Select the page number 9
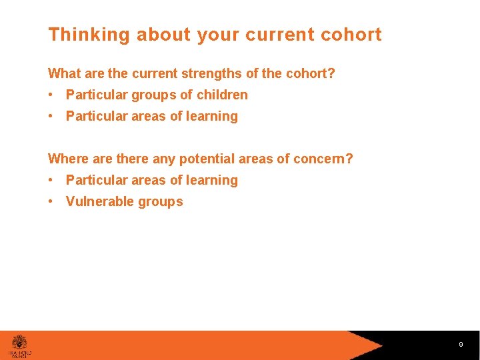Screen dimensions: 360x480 (x=461, y=345)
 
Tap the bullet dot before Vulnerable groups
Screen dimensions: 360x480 (x=52, y=201)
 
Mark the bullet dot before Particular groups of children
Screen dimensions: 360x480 (x=52, y=95)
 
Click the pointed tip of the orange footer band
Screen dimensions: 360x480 (x=383, y=345)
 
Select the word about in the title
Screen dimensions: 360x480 (x=163, y=35)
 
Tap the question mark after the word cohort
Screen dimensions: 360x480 (x=331, y=73)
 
